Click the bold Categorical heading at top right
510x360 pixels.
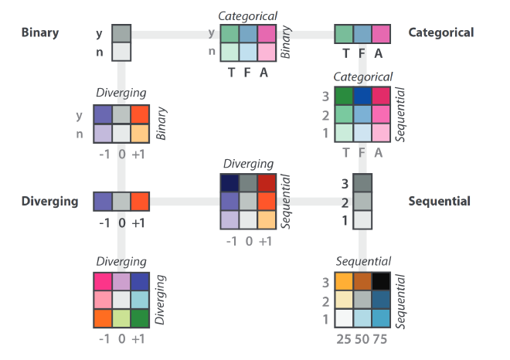[440, 32]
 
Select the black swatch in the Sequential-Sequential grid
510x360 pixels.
[380, 283]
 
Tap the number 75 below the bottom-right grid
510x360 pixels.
[380, 338]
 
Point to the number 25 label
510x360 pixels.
[344, 338]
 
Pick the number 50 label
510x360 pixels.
[362, 338]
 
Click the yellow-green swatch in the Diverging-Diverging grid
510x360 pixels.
[121, 318]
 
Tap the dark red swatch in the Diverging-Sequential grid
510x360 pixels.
[267, 184]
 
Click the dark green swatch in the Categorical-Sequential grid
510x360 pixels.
[344, 97]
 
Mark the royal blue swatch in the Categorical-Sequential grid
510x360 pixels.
[362, 97]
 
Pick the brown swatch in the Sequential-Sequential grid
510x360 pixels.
[362, 283]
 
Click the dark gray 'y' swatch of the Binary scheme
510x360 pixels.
[122, 33]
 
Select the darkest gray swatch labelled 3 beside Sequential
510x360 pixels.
[362, 183]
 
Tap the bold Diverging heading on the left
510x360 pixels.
[49, 202]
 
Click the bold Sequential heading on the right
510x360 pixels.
[439, 202]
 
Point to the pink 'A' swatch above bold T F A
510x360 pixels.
[380, 34]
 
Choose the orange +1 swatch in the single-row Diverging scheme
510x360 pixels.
[139, 202]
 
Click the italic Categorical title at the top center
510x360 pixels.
[247, 15]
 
